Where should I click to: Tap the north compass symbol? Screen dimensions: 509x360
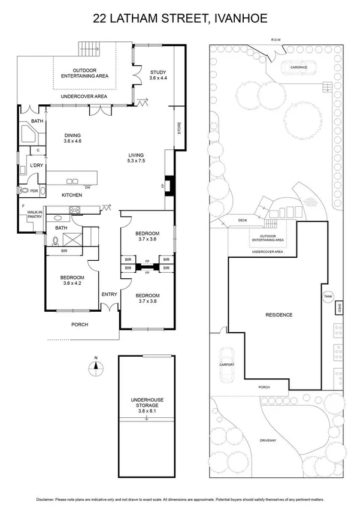click(x=95, y=367)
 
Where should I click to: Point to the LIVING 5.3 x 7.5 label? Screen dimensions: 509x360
click(x=137, y=158)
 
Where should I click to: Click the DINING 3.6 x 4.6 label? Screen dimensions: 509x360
click(x=72, y=138)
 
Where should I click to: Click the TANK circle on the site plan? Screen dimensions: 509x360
click(x=328, y=296)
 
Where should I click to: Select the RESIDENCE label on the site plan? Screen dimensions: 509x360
click(x=279, y=315)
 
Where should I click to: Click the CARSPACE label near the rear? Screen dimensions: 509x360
click(x=298, y=68)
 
